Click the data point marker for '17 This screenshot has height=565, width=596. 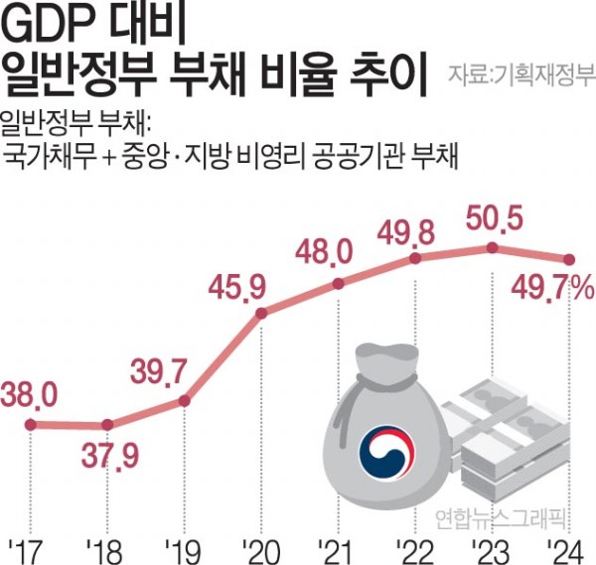(31, 424)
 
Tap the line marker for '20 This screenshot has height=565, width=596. (261, 315)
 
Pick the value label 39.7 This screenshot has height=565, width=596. (159, 372)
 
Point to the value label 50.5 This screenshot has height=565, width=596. (488, 217)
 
